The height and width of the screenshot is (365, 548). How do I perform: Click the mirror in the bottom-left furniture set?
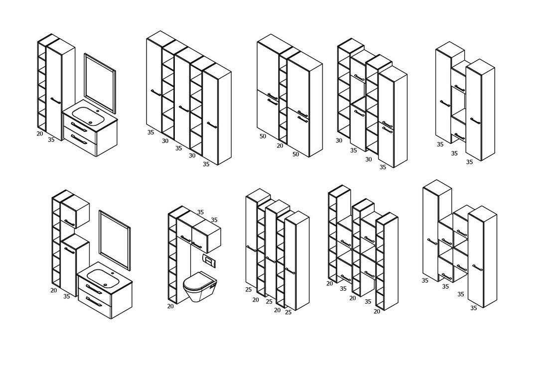pos(115,240)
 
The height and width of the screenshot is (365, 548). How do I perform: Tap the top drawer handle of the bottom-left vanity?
pos(94,289)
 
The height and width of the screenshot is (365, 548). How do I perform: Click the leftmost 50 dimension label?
pos(263,136)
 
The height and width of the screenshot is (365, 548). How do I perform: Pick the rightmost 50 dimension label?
pos(295,154)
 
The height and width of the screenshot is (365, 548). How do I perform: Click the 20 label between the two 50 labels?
pos(280,145)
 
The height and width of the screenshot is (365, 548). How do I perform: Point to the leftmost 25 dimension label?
pos(249,289)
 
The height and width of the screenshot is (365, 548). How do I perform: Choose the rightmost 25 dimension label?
pos(288,312)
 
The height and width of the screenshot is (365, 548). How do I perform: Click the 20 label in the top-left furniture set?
pos(40,133)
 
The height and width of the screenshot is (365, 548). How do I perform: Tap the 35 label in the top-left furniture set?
pos(51,140)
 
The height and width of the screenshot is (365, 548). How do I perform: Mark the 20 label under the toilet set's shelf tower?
pos(170,306)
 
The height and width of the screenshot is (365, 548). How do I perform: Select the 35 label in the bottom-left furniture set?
pos(66,296)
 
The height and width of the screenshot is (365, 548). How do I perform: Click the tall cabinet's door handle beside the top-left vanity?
pos(56,101)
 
